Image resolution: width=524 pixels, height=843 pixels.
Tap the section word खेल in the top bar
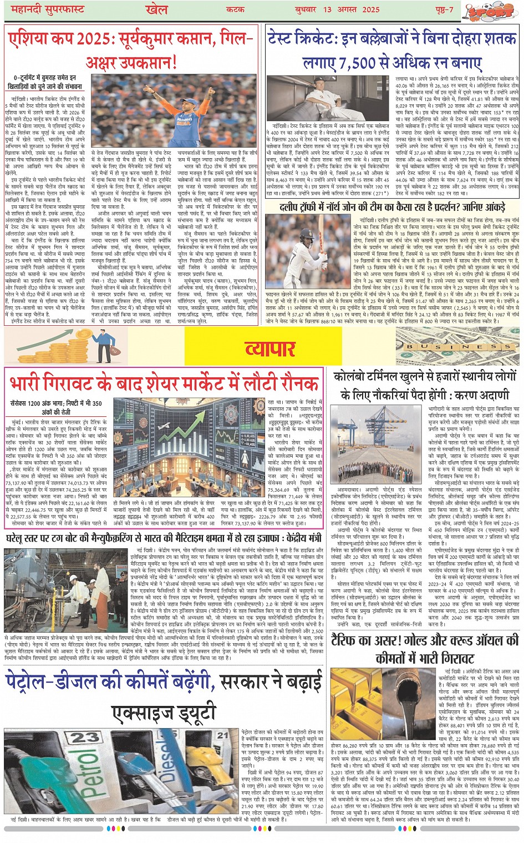pyautogui.click(x=156, y=9)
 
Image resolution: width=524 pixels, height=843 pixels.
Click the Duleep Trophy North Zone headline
pyautogui.click(x=393, y=208)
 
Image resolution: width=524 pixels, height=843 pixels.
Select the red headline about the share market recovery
pyautogui.click(x=165, y=383)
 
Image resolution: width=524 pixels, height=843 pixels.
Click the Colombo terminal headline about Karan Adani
pyautogui.click(x=425, y=385)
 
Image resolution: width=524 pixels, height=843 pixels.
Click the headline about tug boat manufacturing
pyautogui.click(x=164, y=538)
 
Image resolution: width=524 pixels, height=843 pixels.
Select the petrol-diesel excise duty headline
pyautogui.click(x=164, y=697)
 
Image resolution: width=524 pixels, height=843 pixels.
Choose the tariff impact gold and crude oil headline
pyautogui.click(x=425, y=649)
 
